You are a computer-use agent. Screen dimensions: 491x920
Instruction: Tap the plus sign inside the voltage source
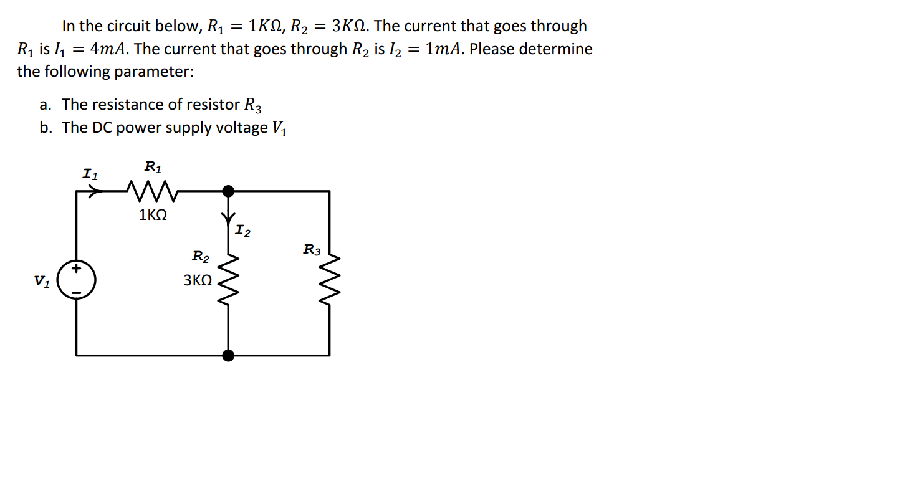coord(76,270)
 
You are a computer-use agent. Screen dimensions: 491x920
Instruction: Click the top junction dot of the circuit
coord(229,191)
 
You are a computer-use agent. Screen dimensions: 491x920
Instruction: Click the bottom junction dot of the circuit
coord(229,355)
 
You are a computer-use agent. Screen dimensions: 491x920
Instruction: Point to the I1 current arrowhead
coord(95,191)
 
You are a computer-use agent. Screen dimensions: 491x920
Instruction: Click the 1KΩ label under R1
coord(153,216)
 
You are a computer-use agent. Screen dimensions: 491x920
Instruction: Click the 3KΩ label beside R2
coord(198,280)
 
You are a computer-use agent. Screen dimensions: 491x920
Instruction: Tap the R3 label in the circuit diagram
coord(312,250)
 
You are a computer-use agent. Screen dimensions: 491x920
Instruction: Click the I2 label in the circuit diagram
coord(243,232)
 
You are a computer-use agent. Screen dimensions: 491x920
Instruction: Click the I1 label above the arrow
coord(90,174)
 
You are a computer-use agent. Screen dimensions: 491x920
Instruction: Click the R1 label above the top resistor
coord(153,167)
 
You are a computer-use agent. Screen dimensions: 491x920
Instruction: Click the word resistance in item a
coord(129,104)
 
